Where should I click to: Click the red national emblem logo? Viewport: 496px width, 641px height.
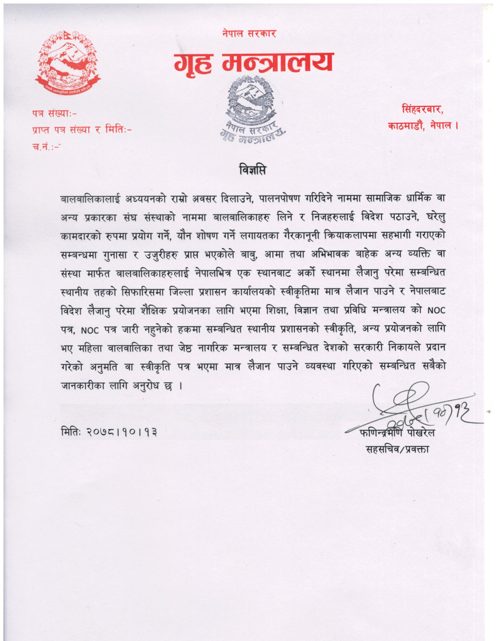(x=67, y=62)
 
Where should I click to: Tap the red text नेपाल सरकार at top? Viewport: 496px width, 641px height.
(x=249, y=34)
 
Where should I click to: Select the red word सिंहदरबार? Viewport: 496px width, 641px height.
(x=422, y=110)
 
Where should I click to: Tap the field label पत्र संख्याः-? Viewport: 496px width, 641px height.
(x=55, y=112)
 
